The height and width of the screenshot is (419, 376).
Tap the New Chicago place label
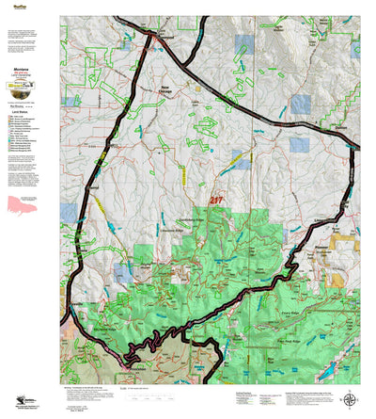174,92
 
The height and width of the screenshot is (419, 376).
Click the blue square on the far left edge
67,212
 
